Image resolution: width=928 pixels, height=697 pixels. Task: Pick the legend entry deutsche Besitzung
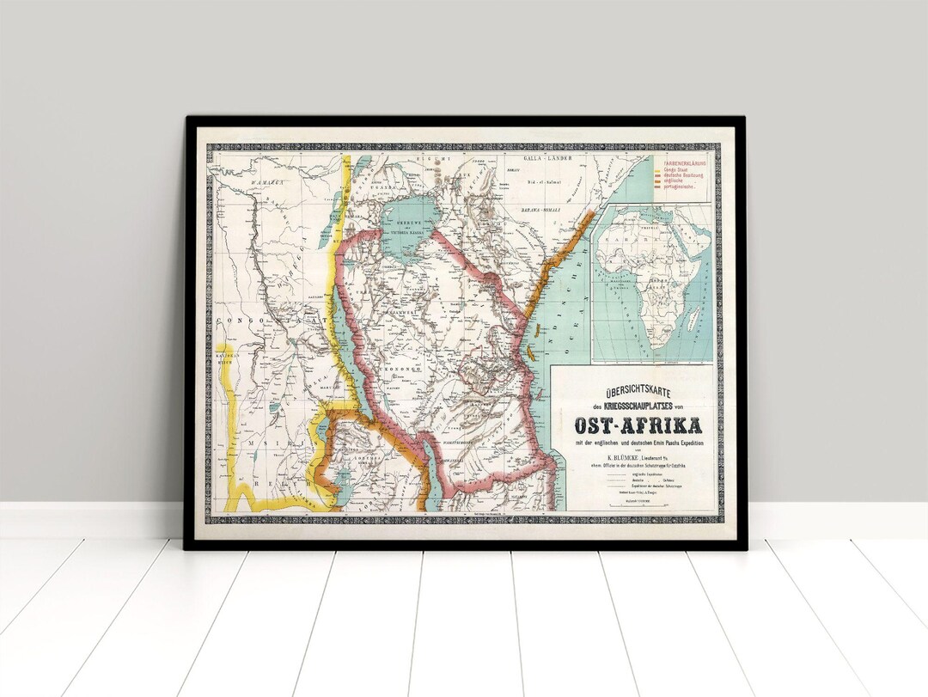(681, 175)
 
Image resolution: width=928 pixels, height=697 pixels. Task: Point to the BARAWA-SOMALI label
(540, 210)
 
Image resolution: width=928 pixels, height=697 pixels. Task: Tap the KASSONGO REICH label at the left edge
(225, 358)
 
